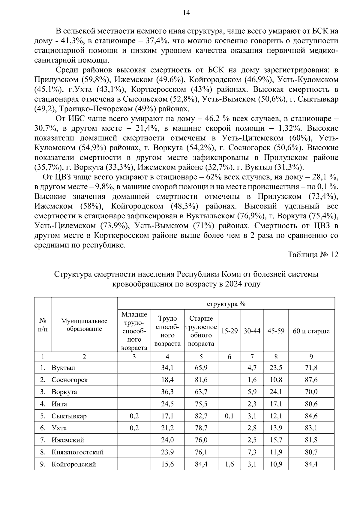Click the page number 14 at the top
click(186, 13)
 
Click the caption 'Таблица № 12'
click(313, 255)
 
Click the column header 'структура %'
click(226, 304)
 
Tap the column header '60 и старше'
click(311, 331)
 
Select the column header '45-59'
click(276, 331)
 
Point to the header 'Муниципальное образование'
click(84, 325)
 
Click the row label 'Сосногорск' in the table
click(70, 380)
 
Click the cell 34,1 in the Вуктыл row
click(167, 367)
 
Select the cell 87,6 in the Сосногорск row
click(311, 380)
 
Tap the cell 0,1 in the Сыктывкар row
click(229, 416)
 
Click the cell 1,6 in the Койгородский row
click(229, 464)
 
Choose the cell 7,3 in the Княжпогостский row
click(252, 452)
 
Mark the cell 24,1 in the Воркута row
click(276, 392)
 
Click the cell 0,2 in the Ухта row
click(134, 428)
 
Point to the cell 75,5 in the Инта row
click(201, 404)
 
